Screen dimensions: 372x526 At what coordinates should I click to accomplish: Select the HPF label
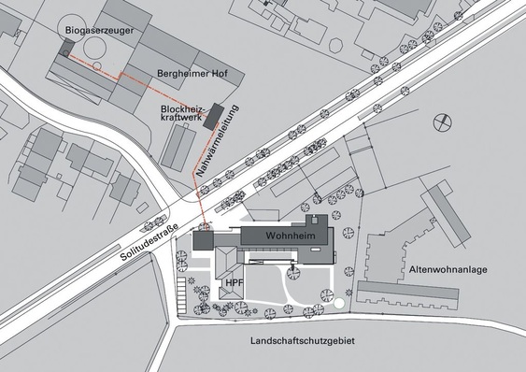pyautogui.click(x=232, y=281)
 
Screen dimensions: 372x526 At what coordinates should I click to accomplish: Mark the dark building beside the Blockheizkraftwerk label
pyautogui.click(x=214, y=115)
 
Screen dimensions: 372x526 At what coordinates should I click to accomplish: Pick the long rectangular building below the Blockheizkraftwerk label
pyautogui.click(x=178, y=149)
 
